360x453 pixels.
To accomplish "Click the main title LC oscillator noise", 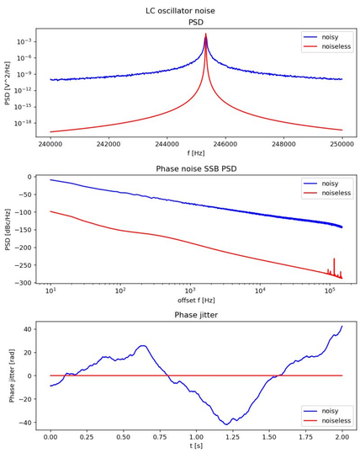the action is pyautogui.click(x=181, y=11).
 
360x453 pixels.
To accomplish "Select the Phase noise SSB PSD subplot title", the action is pyautogui.click(x=196, y=168).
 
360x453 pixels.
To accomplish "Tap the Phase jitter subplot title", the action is pyautogui.click(x=196, y=315).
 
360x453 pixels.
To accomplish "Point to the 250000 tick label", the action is pyautogui.click(x=342, y=144).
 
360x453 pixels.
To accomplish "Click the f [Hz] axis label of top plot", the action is pyautogui.click(x=196, y=153).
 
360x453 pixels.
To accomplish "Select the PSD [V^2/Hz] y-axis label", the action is pyautogui.click(x=8, y=83).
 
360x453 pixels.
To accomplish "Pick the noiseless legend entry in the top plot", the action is pyautogui.click(x=327, y=46).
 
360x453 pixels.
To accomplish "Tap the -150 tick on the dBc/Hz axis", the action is pyautogui.click(x=25, y=230).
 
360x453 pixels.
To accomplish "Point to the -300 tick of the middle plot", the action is pyautogui.click(x=25, y=283).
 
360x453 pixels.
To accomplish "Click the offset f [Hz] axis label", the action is pyautogui.click(x=196, y=301).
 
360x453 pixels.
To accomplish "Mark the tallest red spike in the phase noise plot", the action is pyautogui.click(x=334, y=258).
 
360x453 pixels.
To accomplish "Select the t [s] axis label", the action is pyautogui.click(x=196, y=445).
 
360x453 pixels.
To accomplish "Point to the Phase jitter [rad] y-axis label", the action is pyautogui.click(x=12, y=376).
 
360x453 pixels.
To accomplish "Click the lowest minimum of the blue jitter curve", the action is pyautogui.click(x=226, y=424).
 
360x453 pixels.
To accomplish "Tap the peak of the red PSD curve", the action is pyautogui.click(x=205, y=34).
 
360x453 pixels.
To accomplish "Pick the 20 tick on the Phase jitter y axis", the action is pyautogui.click(x=28, y=353).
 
